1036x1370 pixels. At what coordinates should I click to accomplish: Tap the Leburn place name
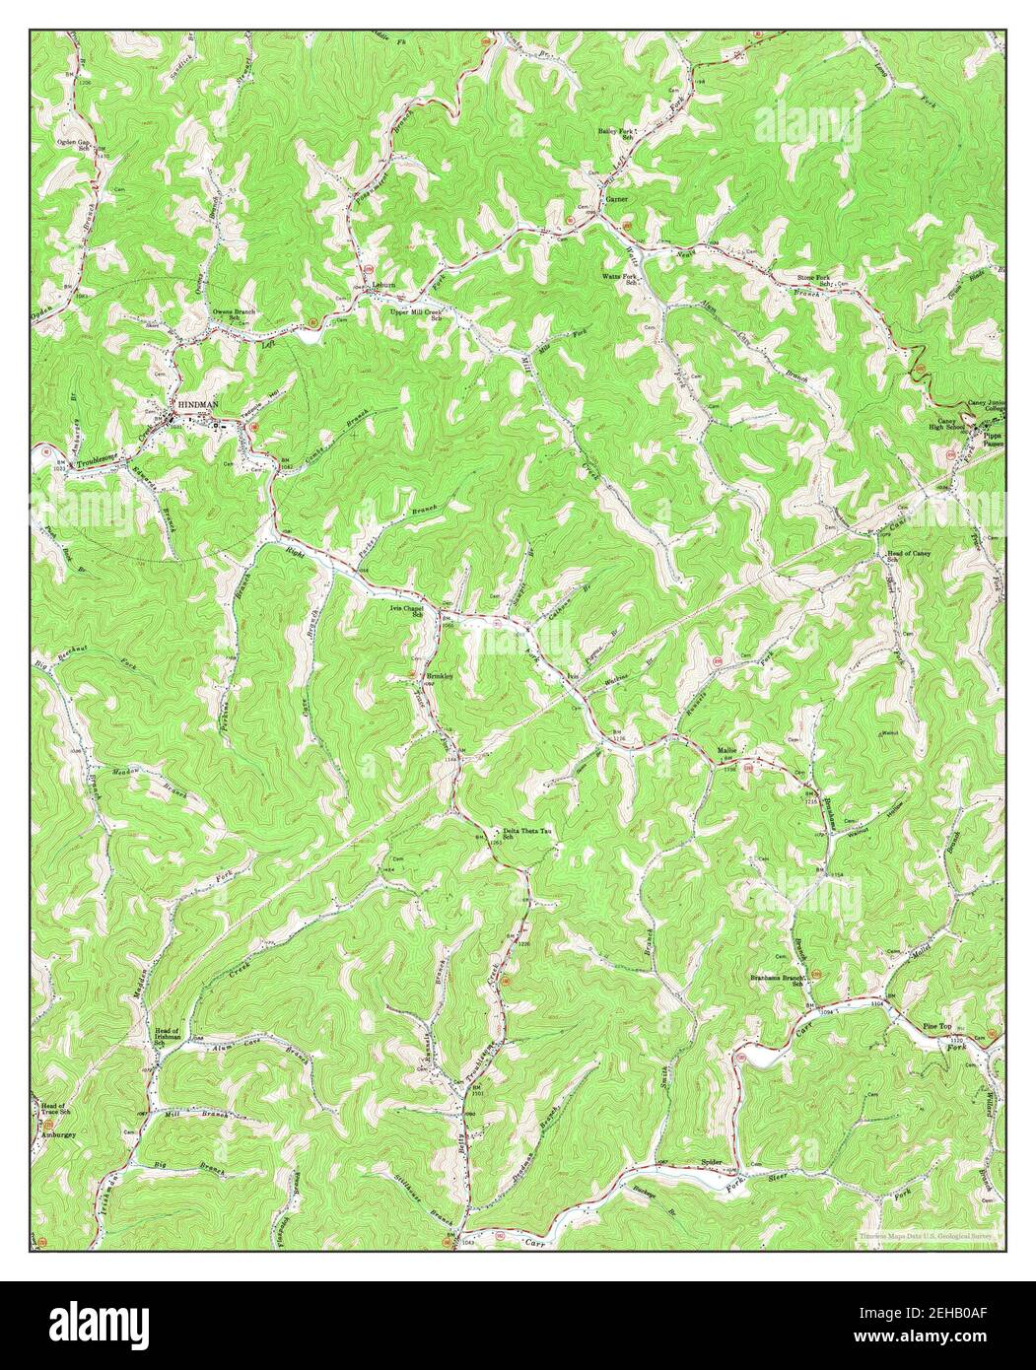(x=383, y=285)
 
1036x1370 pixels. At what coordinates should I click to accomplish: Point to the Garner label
(x=617, y=198)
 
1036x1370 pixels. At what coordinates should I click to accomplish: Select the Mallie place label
(x=727, y=752)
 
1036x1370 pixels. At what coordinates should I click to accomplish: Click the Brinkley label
(x=438, y=676)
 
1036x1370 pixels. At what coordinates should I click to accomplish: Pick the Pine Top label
(x=936, y=1027)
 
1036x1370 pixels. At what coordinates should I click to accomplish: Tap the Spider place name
(x=714, y=1163)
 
